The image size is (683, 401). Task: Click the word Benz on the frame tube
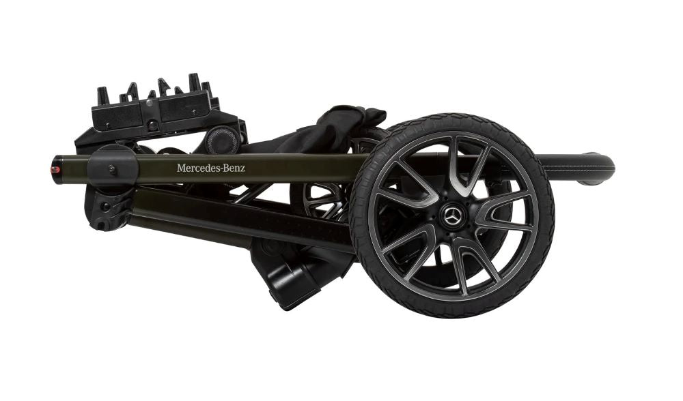pos(234,168)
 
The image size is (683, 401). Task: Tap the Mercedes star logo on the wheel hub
pos(451,215)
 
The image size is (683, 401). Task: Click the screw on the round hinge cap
pos(112,168)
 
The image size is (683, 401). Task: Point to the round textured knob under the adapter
pos(223,140)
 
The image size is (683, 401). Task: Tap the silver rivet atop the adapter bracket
pos(150,103)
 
